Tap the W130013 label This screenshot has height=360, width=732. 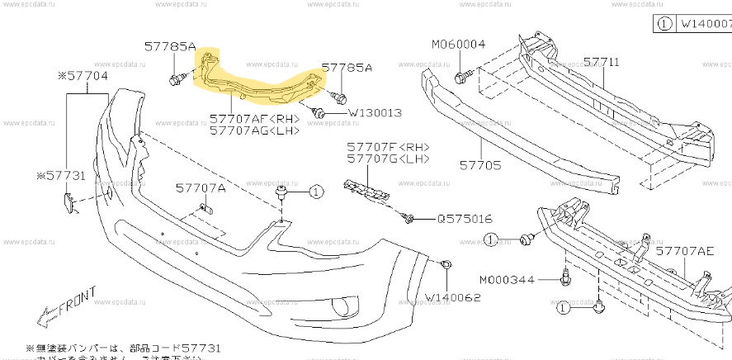(x=375, y=112)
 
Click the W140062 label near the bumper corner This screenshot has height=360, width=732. (x=453, y=296)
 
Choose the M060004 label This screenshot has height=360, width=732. (x=459, y=44)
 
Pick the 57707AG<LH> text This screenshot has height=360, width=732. (x=254, y=130)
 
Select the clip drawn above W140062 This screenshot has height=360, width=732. (x=445, y=264)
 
